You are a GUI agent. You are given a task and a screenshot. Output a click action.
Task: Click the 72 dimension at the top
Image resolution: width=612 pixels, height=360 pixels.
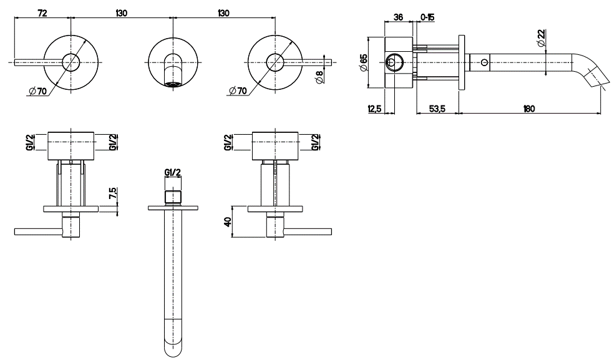(x=42, y=13)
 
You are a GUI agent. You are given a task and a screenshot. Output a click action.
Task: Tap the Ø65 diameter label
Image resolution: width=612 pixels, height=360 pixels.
(x=363, y=63)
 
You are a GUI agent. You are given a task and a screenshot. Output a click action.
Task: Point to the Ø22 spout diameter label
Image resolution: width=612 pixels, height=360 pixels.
(x=541, y=38)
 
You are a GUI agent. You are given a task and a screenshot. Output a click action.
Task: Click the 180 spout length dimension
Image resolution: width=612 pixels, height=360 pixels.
(x=529, y=109)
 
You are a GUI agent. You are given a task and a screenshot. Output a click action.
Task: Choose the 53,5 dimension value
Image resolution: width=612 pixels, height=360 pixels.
(x=437, y=109)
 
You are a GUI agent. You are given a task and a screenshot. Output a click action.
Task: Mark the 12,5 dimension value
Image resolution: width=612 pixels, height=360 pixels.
(x=374, y=109)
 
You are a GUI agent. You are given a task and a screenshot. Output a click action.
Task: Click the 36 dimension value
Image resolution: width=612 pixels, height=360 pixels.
(x=398, y=17)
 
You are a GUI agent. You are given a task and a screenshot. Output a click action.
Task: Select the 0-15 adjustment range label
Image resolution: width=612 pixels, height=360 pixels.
(x=427, y=17)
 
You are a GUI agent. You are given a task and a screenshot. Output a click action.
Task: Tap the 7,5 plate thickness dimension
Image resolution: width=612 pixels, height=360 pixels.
(x=112, y=193)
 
